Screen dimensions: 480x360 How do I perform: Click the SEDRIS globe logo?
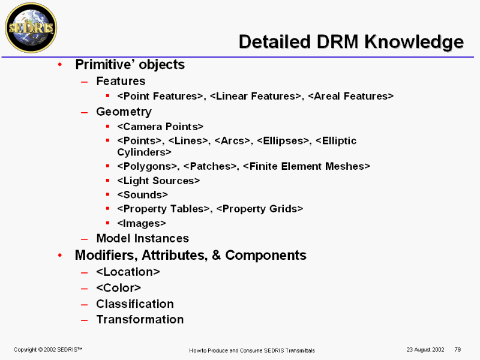[x=31, y=28]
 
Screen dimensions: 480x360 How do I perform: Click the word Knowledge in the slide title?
[x=414, y=42]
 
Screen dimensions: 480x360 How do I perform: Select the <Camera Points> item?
[x=160, y=127]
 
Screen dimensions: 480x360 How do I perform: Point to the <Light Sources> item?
[x=158, y=181]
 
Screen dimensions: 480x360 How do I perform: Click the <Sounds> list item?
[x=142, y=194]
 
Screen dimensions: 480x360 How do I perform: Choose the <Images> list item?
[x=142, y=223]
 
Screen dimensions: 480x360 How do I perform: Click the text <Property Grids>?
[x=260, y=209]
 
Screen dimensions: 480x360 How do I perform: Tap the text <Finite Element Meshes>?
[x=307, y=166]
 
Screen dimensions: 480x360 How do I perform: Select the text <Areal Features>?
[x=351, y=96]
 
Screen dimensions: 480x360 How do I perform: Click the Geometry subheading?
[x=124, y=112]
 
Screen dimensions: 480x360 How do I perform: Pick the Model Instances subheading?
[x=143, y=238]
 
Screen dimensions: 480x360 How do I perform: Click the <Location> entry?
[x=128, y=272]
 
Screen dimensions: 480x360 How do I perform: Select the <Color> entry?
[x=118, y=288]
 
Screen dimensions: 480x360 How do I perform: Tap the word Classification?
[x=135, y=304]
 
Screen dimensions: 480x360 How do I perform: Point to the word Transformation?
[x=140, y=319]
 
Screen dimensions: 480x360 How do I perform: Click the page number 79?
[x=458, y=350]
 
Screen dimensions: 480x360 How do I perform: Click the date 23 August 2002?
[x=425, y=350]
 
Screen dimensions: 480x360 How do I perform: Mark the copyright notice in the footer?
[x=48, y=350]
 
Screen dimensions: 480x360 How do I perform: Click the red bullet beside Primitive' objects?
[x=60, y=65]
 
